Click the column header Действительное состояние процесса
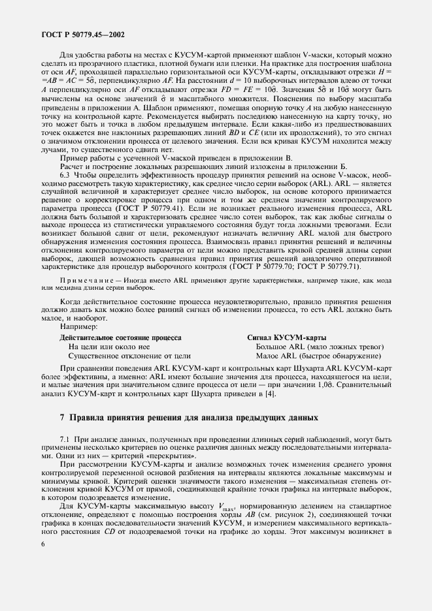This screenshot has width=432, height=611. click(120, 337)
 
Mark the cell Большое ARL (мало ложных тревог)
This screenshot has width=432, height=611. click(320, 347)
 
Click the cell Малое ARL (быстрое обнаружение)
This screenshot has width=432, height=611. click(318, 356)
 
